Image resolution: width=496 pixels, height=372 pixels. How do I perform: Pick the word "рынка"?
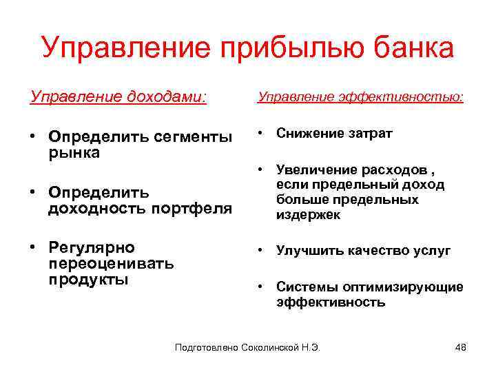tap(74, 153)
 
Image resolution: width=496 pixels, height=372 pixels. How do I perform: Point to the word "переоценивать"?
tap(111, 264)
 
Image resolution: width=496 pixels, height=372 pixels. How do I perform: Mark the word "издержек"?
tap(308, 215)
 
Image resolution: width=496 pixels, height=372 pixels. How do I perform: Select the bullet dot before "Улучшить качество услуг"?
tap(262, 251)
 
